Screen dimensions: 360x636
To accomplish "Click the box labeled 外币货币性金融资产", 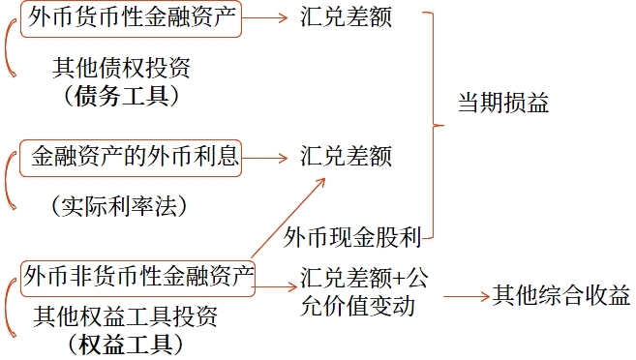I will click(131, 18).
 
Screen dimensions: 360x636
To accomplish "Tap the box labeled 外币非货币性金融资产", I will click(137, 276).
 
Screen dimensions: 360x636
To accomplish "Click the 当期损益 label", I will click(502, 103).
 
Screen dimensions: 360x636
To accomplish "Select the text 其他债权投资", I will click(121, 69).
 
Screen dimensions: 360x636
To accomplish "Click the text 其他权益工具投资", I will click(126, 316).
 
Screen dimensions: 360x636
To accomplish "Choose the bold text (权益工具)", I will click(126, 344).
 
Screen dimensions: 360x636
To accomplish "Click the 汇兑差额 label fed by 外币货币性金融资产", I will click(346, 17).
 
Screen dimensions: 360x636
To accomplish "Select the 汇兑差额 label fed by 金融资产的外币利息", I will click(346, 156).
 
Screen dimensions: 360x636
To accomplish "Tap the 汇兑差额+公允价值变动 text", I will click(363, 292).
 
